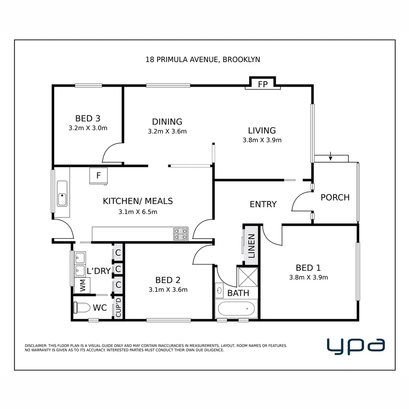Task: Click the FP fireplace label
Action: (x=263, y=84)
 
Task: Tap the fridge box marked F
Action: (x=98, y=176)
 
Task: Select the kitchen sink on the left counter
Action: (x=62, y=194)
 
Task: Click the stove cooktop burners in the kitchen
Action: (x=181, y=234)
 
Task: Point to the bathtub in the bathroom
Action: (x=236, y=309)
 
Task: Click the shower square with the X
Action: (x=248, y=276)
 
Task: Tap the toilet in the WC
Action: (x=81, y=308)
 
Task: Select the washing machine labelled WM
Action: (x=82, y=286)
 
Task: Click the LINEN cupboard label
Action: (x=251, y=246)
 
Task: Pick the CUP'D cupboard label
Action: (x=118, y=307)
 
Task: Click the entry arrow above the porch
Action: (x=331, y=156)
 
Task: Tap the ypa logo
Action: (x=356, y=346)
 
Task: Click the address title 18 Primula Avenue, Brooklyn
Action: (x=203, y=59)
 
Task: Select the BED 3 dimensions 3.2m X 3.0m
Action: (x=88, y=128)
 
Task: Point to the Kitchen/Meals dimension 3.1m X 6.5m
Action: (x=137, y=212)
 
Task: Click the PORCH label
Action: (x=335, y=197)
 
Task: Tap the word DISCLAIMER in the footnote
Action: (x=36, y=345)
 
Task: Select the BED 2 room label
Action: (x=168, y=280)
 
